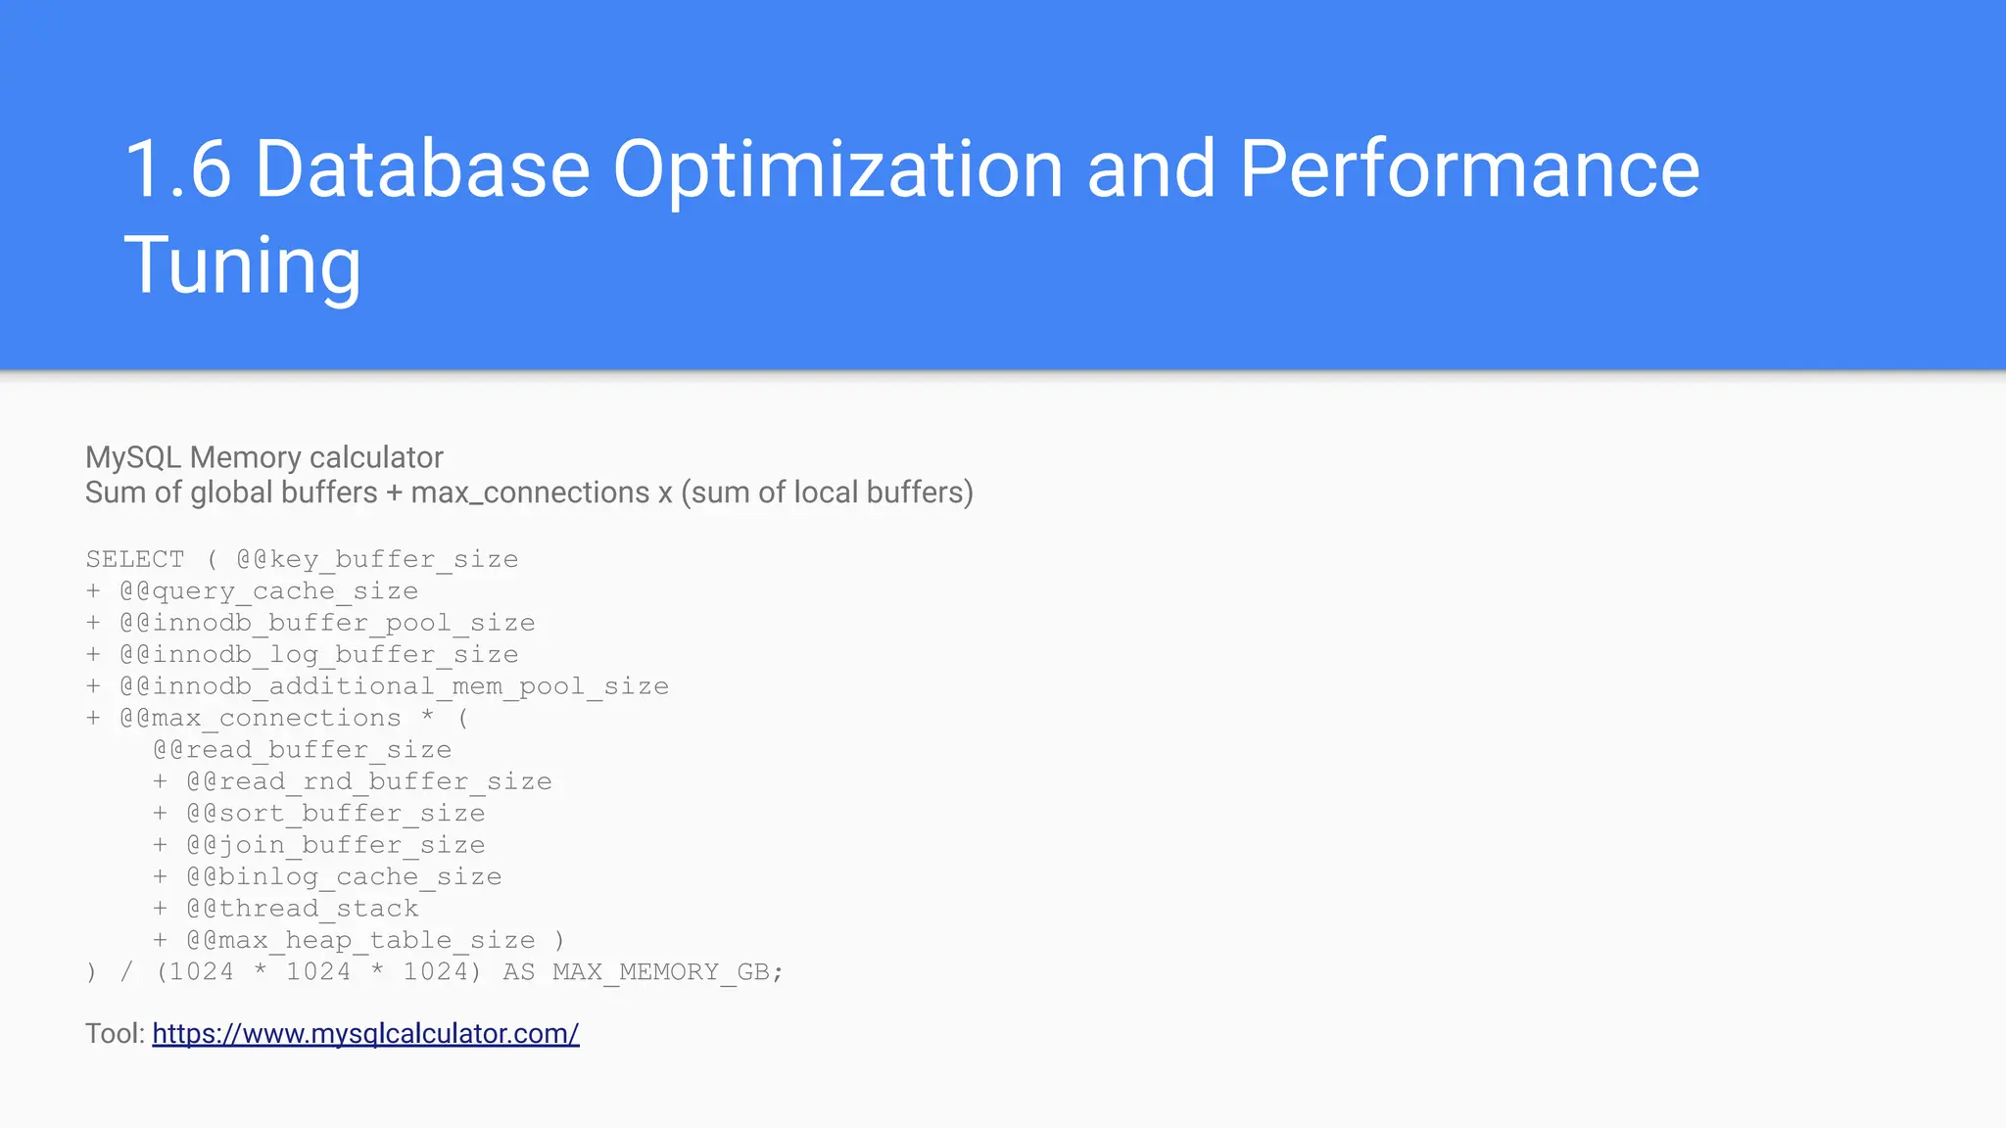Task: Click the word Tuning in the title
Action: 242,264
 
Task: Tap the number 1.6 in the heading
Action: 177,169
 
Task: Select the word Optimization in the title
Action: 837,169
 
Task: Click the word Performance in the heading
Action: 1469,169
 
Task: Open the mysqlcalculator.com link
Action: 365,1034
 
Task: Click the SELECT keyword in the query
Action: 134,560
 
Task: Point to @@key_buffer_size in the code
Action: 377,560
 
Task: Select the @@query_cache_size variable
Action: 268,591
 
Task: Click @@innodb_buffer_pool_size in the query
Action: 327,623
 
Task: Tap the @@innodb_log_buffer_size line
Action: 318,655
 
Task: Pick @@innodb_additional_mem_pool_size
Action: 394,686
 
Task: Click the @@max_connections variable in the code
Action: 260,719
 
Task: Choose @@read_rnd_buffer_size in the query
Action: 369,781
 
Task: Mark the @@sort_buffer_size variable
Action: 336,814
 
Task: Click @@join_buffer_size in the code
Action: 336,845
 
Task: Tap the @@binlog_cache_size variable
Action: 344,877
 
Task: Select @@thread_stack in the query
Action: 303,909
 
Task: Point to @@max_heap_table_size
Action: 360,941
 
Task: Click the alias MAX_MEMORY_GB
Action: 661,972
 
